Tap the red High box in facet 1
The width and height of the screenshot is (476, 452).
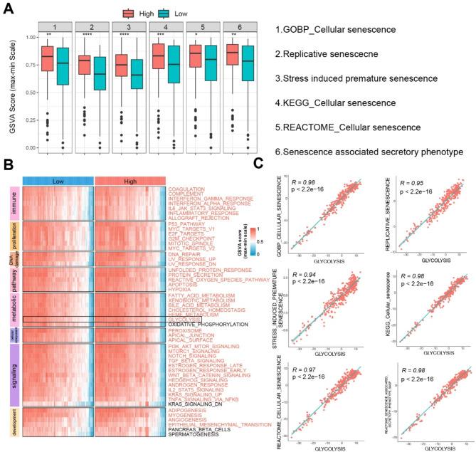pos(48,58)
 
